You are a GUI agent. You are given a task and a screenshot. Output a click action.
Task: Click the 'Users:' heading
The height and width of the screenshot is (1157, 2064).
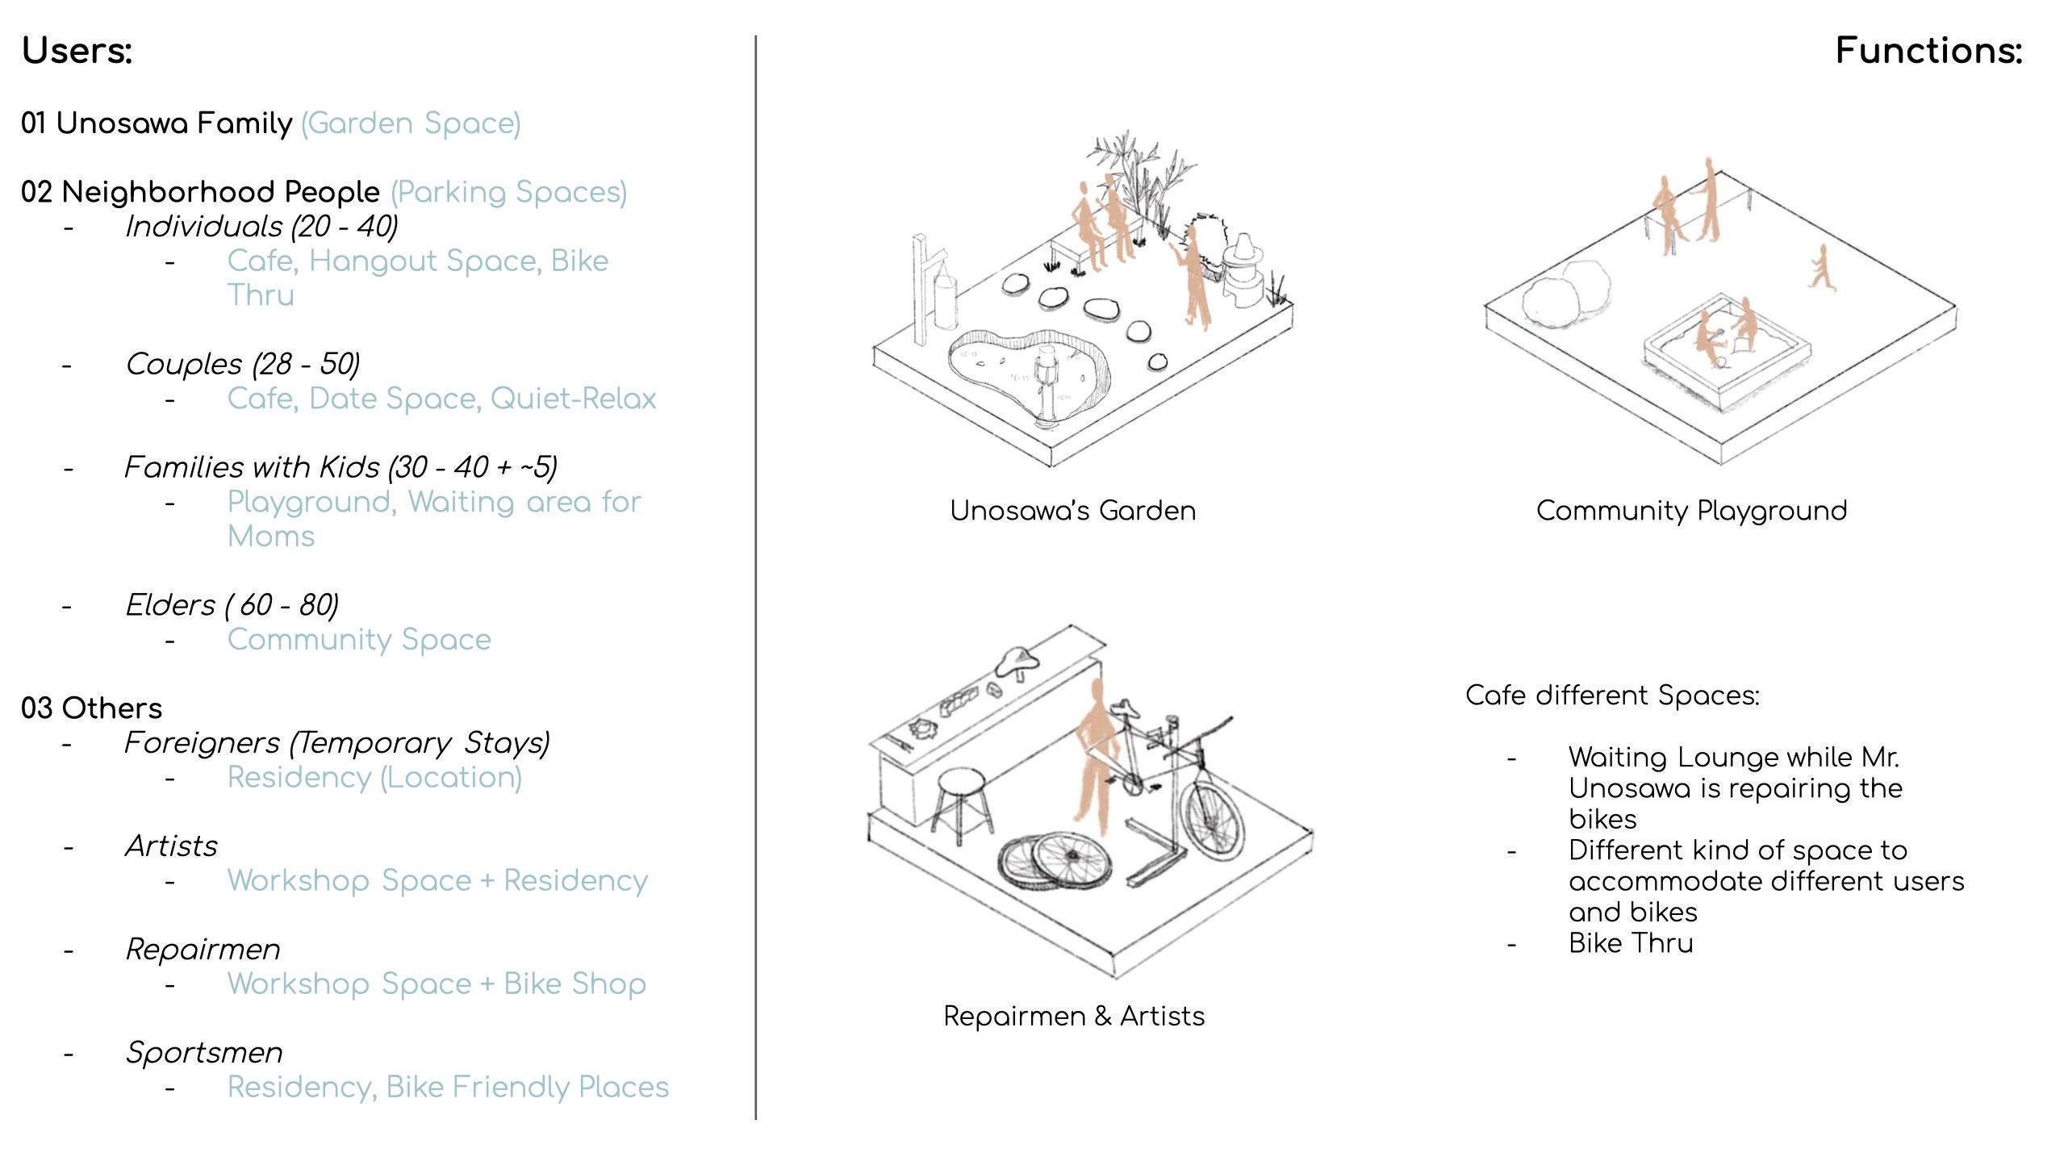[77, 51]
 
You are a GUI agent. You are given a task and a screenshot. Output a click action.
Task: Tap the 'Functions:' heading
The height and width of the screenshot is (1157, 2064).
[1928, 51]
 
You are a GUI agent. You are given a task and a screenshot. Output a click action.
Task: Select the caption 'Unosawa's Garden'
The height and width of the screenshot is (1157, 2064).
[1072, 511]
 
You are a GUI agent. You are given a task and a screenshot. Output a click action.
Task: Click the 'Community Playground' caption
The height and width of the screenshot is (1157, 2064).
[1691, 511]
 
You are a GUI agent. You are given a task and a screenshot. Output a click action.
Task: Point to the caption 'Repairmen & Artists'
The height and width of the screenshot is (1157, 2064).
[1074, 1016]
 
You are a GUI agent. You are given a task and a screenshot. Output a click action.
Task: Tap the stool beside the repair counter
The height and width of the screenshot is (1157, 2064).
[962, 803]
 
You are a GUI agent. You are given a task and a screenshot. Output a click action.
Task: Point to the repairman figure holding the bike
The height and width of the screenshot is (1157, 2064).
[1095, 758]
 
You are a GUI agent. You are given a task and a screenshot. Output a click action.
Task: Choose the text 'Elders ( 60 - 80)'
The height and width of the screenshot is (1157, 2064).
[232, 605]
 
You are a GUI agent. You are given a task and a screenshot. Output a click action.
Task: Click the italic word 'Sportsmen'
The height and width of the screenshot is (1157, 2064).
[204, 1052]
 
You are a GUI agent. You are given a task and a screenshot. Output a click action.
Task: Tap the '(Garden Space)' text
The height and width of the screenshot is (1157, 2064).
[411, 123]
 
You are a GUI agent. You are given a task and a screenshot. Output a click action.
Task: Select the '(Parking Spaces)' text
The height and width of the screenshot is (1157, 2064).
[508, 192]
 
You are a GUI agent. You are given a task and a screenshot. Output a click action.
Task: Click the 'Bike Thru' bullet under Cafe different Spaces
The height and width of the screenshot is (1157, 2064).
[1631, 943]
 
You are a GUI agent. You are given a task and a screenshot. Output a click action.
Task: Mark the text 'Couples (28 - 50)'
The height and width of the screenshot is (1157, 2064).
[242, 364]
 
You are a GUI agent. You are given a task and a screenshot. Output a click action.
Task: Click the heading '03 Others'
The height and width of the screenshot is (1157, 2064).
[91, 708]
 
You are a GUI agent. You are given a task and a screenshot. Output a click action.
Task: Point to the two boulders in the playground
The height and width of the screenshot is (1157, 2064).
[1565, 294]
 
